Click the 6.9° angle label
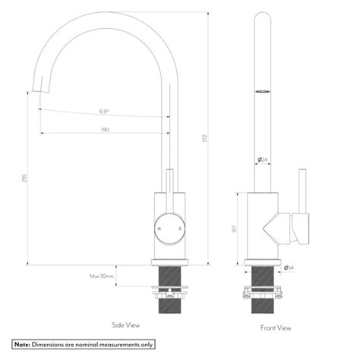tap(104, 112)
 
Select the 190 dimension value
tap(104, 130)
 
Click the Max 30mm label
tap(102, 276)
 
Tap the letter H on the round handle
tap(159, 228)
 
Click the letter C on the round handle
tap(179, 228)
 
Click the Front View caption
tap(275, 328)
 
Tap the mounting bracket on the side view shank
tap(169, 289)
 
